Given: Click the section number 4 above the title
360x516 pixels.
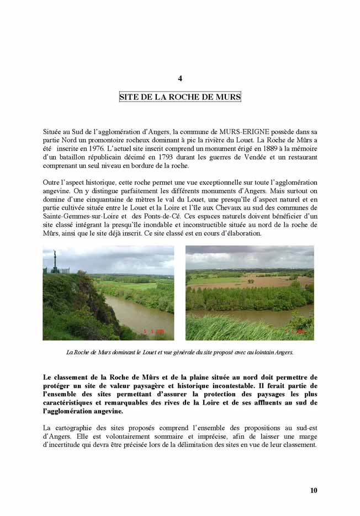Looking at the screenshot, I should tap(180, 78).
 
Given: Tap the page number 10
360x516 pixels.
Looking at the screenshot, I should tap(313, 490).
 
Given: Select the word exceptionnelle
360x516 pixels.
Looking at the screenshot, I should tap(209, 182).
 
